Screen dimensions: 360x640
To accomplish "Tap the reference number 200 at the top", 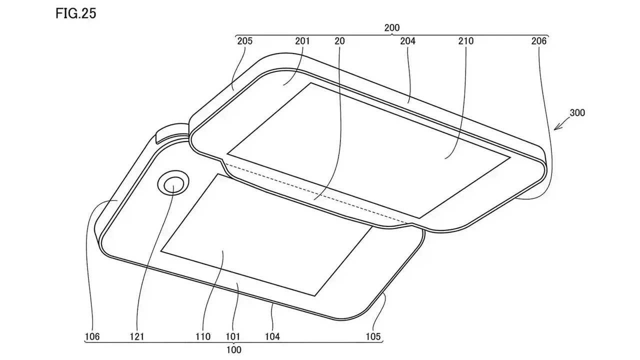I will [392, 28].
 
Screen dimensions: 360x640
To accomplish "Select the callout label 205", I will [245, 41].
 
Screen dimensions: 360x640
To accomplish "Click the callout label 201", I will [302, 41].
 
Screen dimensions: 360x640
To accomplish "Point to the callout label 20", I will [339, 41].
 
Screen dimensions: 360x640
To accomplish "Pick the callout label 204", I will [408, 41].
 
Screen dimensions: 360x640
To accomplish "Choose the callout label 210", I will [465, 41].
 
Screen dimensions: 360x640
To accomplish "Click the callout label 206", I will [539, 41].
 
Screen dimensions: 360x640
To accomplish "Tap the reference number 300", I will [576, 113].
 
